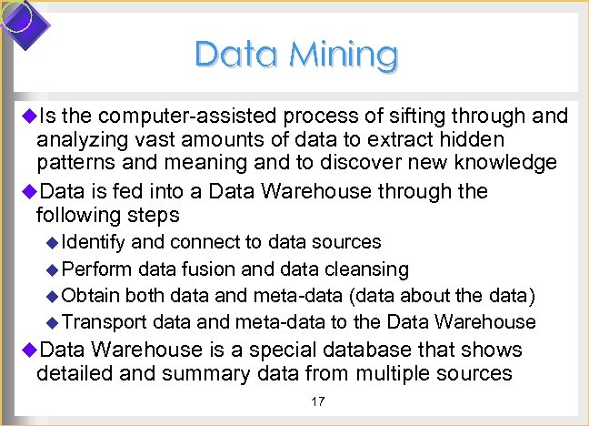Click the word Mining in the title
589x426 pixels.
[x=344, y=55]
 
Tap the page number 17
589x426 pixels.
[x=318, y=401]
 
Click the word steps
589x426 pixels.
[x=155, y=216]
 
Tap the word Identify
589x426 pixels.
[x=95, y=242]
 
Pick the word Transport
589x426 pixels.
[x=105, y=322]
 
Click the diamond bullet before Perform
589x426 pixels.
[x=52, y=269]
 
